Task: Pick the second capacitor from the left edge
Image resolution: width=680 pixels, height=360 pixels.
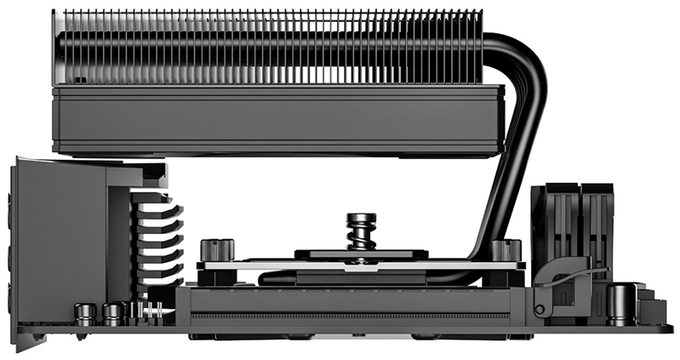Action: (111, 312)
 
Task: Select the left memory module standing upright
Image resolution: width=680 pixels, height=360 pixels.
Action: (552, 221)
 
